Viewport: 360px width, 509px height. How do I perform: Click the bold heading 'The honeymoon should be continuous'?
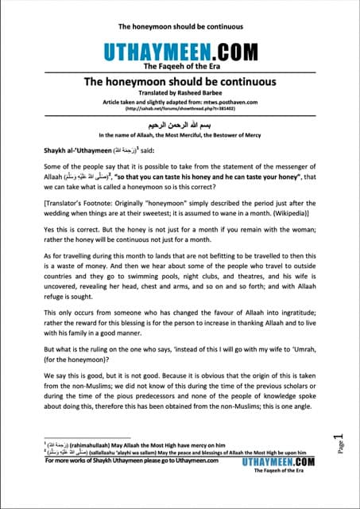180,82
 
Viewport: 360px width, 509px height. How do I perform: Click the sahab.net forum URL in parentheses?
180,110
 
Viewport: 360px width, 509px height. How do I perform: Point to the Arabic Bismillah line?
180,125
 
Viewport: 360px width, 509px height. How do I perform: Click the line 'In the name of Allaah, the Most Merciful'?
180,135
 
